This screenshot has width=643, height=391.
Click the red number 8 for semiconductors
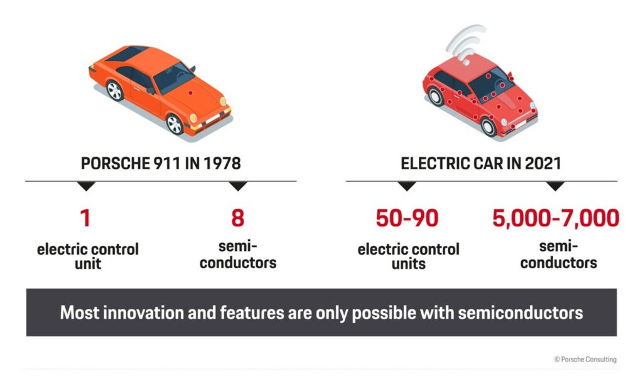[238, 218]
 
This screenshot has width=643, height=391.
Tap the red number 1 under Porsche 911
[85, 218]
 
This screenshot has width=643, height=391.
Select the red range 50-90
[407, 218]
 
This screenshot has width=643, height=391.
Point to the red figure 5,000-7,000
[556, 218]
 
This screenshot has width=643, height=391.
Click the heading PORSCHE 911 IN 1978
[161, 163]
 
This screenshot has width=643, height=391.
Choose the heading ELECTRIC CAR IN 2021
[480, 163]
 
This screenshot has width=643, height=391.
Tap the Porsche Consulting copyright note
[585, 360]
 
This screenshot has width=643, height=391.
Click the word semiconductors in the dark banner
[520, 313]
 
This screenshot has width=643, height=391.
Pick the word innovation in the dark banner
[143, 313]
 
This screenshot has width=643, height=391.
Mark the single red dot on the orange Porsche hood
[190, 93]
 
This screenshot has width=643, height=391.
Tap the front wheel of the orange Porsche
[175, 124]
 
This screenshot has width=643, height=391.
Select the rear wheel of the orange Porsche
[115, 90]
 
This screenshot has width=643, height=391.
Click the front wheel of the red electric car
[489, 126]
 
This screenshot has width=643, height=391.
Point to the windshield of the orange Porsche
[174, 77]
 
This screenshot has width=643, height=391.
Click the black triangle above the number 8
[238, 186]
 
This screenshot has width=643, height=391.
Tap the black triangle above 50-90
[407, 186]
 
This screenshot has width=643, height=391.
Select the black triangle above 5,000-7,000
[556, 186]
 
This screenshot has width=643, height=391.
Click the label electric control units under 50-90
[408, 256]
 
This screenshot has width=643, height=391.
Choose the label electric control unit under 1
[88, 256]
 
